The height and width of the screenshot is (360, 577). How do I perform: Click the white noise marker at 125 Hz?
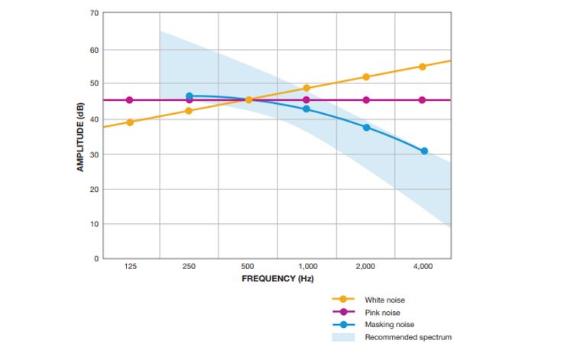pos(130,122)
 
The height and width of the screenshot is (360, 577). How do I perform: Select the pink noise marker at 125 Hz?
pos(130,100)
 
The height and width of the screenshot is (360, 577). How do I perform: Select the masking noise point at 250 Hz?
pos(190,96)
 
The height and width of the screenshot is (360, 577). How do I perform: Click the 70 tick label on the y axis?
pos(94,13)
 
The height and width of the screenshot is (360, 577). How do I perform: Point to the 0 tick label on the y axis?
pos(96,258)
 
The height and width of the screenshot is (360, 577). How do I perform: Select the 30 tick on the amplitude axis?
pos(94,154)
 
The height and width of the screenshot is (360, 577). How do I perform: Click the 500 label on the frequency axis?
pos(248,266)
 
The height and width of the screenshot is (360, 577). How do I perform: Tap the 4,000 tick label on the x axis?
pos(423,266)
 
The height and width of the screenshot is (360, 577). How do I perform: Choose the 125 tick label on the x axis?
pos(130,266)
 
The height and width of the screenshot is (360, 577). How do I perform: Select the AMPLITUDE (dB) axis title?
pos(80,136)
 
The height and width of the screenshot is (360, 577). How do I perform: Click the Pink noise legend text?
pos(382,312)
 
